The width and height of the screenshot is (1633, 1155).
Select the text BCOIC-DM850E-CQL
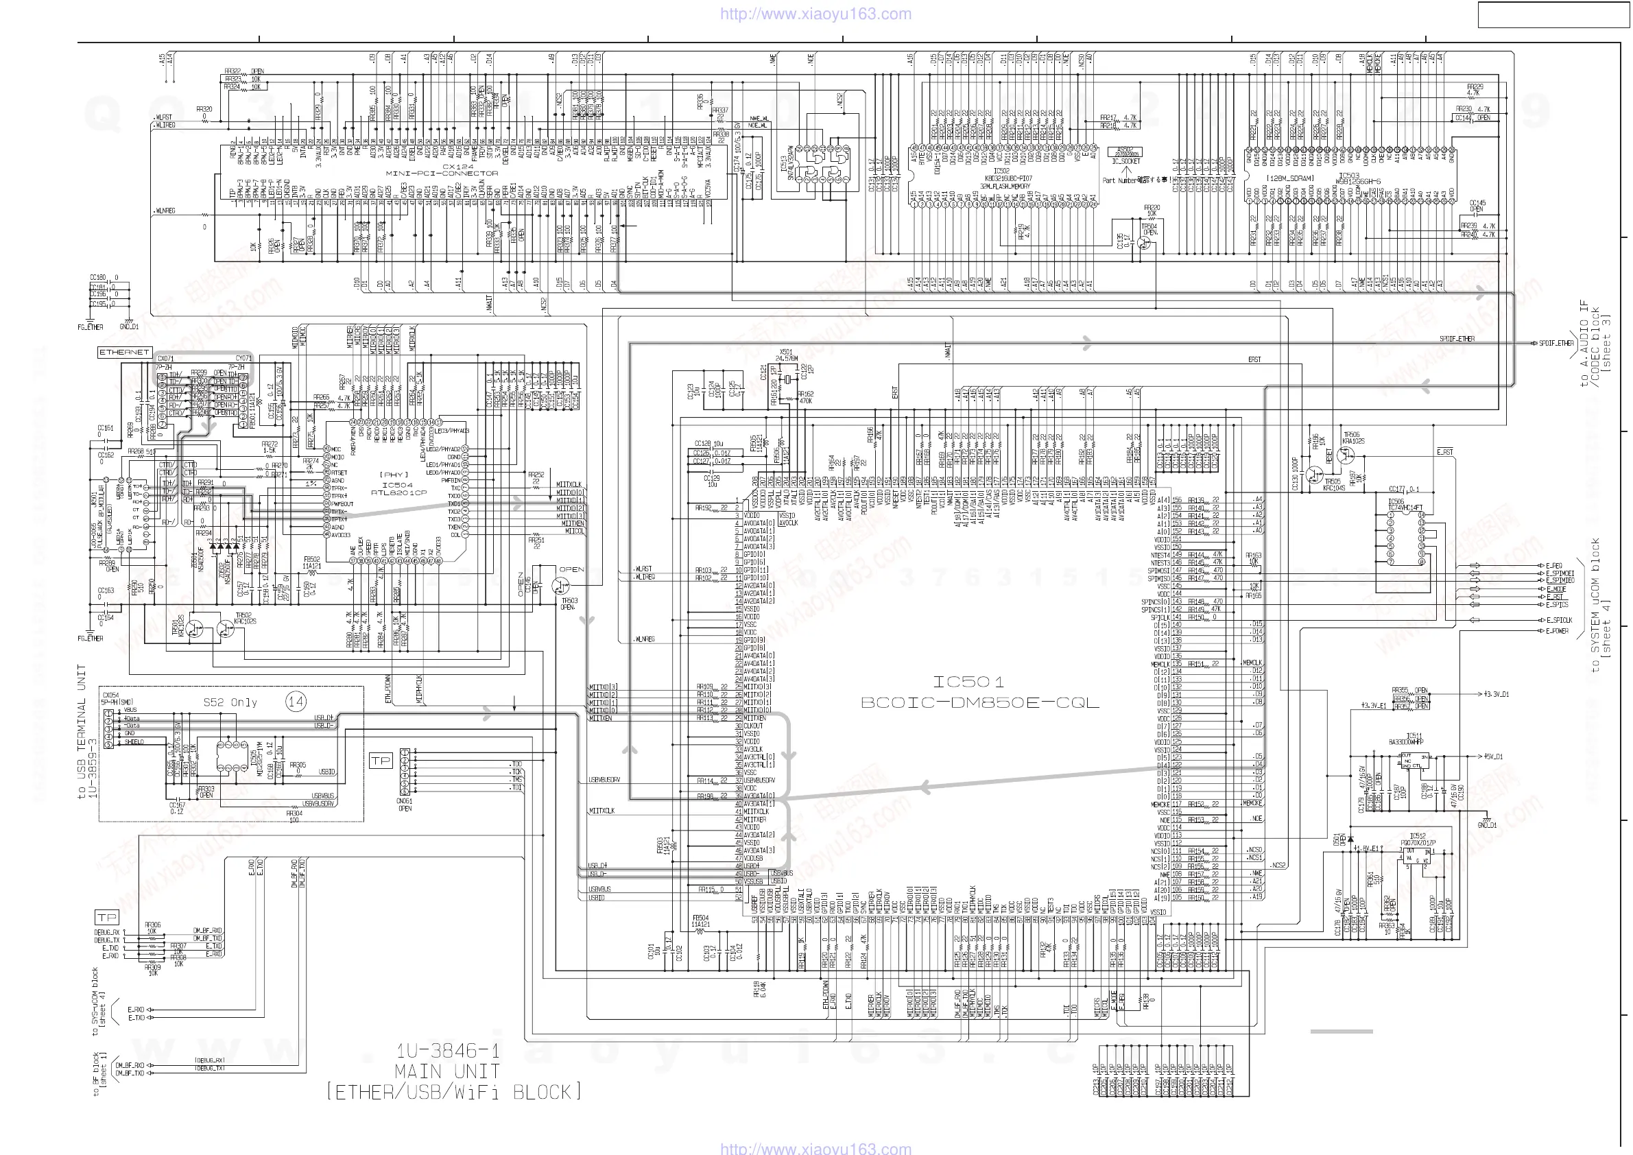click(x=979, y=703)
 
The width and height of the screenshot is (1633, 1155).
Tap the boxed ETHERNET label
click(x=124, y=352)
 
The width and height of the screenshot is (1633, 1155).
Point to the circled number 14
click(x=296, y=702)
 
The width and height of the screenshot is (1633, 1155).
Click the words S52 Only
click(x=230, y=703)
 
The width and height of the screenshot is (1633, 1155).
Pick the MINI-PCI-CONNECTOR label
click(x=442, y=173)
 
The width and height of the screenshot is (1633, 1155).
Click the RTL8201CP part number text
click(x=398, y=492)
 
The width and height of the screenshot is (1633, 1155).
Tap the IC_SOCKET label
click(x=1126, y=161)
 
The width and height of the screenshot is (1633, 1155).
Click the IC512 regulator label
click(x=1418, y=836)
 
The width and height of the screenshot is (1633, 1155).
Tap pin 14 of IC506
click(x=1422, y=523)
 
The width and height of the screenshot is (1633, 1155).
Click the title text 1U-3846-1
click(x=447, y=1051)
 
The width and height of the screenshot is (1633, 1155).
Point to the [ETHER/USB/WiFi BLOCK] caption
click(x=454, y=1092)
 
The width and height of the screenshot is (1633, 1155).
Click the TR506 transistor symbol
click(x=1345, y=456)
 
